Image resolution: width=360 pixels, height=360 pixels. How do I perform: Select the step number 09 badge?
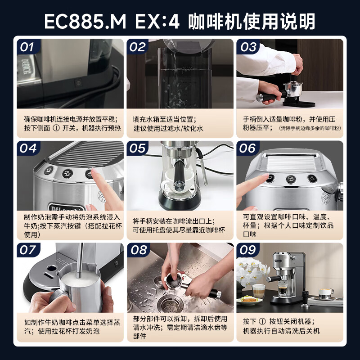click(248, 250)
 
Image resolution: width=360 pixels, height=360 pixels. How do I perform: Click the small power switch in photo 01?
click(78, 83)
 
